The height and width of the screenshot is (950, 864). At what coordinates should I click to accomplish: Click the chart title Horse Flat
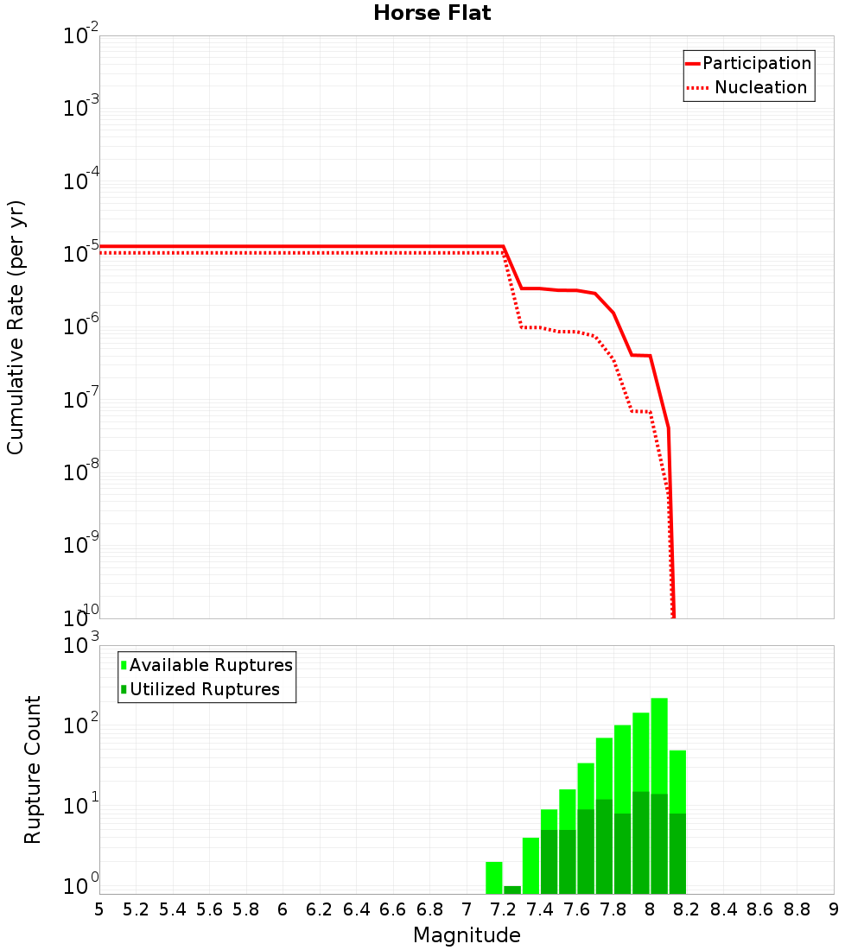(432, 14)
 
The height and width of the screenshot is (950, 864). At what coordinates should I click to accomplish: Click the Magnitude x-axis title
(467, 935)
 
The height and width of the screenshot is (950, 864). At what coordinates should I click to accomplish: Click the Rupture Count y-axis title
(33, 769)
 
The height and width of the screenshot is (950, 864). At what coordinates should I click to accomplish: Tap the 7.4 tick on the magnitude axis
(540, 909)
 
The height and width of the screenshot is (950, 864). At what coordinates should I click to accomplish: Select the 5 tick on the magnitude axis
(99, 909)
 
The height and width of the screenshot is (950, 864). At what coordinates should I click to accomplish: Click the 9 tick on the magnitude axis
(833, 909)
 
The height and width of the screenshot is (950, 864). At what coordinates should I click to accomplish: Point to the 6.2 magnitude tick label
(320, 909)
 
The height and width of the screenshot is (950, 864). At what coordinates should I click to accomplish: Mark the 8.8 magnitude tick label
(797, 909)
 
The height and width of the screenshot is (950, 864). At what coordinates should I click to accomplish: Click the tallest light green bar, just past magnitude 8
(659, 743)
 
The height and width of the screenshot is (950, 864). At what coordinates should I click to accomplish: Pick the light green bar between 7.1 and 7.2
(494, 877)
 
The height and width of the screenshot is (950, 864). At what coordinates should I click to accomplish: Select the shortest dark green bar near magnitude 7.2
(512, 890)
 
